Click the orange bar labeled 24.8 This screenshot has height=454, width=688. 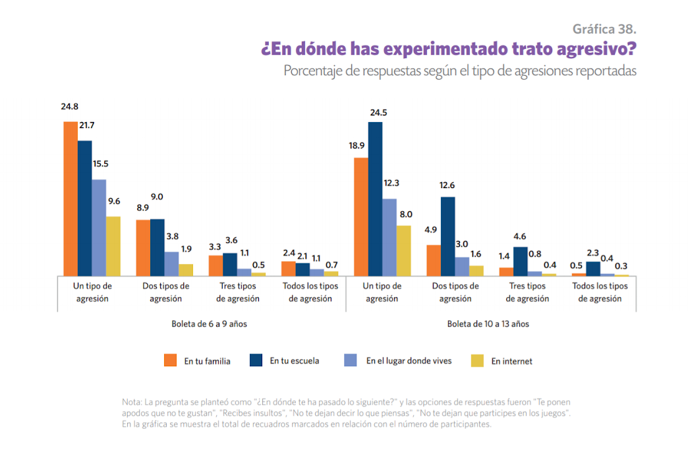pyautogui.click(x=71, y=198)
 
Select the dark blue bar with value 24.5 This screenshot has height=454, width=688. pyautogui.click(x=375, y=198)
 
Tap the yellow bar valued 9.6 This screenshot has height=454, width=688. pyautogui.click(x=113, y=245)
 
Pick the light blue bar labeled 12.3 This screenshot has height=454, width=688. pyautogui.click(x=389, y=237)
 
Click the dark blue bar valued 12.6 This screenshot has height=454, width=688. pyautogui.click(x=447, y=236)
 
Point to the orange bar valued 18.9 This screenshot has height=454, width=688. pyautogui.click(x=361, y=216)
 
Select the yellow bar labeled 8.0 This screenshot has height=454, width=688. pyautogui.click(x=404, y=250)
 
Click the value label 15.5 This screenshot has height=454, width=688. pyautogui.click(x=100, y=164)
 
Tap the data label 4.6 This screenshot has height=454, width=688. pyautogui.click(x=520, y=236)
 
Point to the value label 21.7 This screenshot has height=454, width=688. pyautogui.click(x=86, y=125)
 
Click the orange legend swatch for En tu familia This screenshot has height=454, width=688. pyautogui.click(x=170, y=360)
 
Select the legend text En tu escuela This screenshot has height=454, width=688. pyautogui.click(x=295, y=361)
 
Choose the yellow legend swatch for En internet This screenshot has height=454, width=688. pyautogui.click(x=477, y=360)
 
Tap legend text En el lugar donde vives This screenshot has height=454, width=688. pyautogui.click(x=409, y=361)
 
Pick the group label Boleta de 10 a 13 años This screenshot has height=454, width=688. pyautogui.click(x=488, y=324)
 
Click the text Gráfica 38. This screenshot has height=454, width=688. pyautogui.click(x=604, y=29)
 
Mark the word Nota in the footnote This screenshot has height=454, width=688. pyautogui.click(x=132, y=402)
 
